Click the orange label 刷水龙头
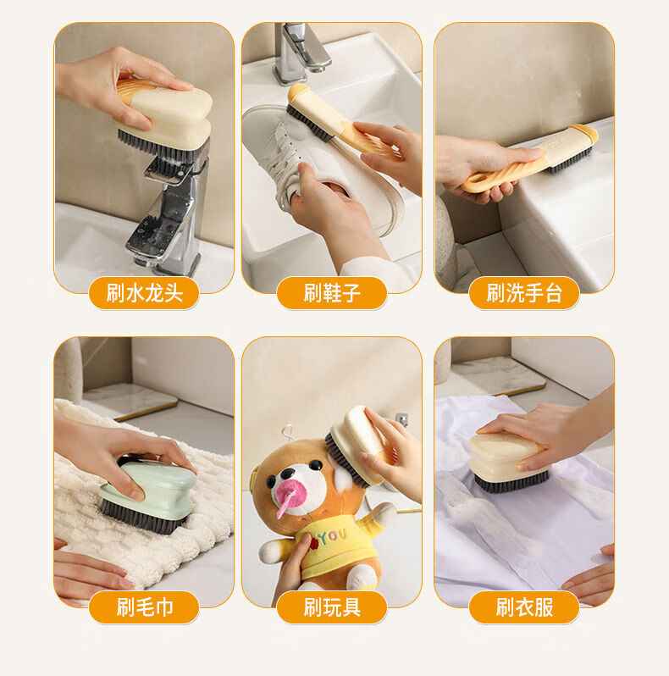point(144,293)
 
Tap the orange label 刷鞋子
point(332,293)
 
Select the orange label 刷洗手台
point(524,293)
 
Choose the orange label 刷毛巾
point(144,607)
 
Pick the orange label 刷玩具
point(332,607)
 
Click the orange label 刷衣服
point(524,607)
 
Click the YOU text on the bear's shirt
point(332,536)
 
